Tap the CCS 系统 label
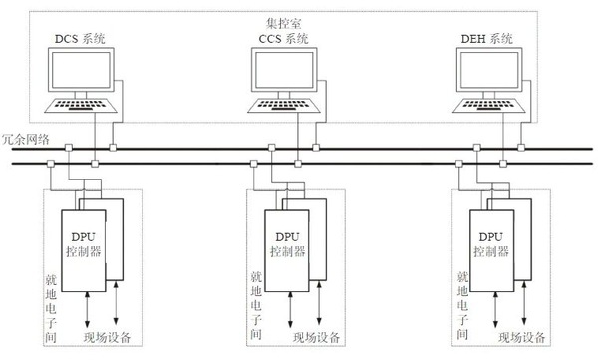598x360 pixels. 284,39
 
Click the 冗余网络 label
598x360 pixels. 23,140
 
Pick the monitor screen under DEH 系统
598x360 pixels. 489,72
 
